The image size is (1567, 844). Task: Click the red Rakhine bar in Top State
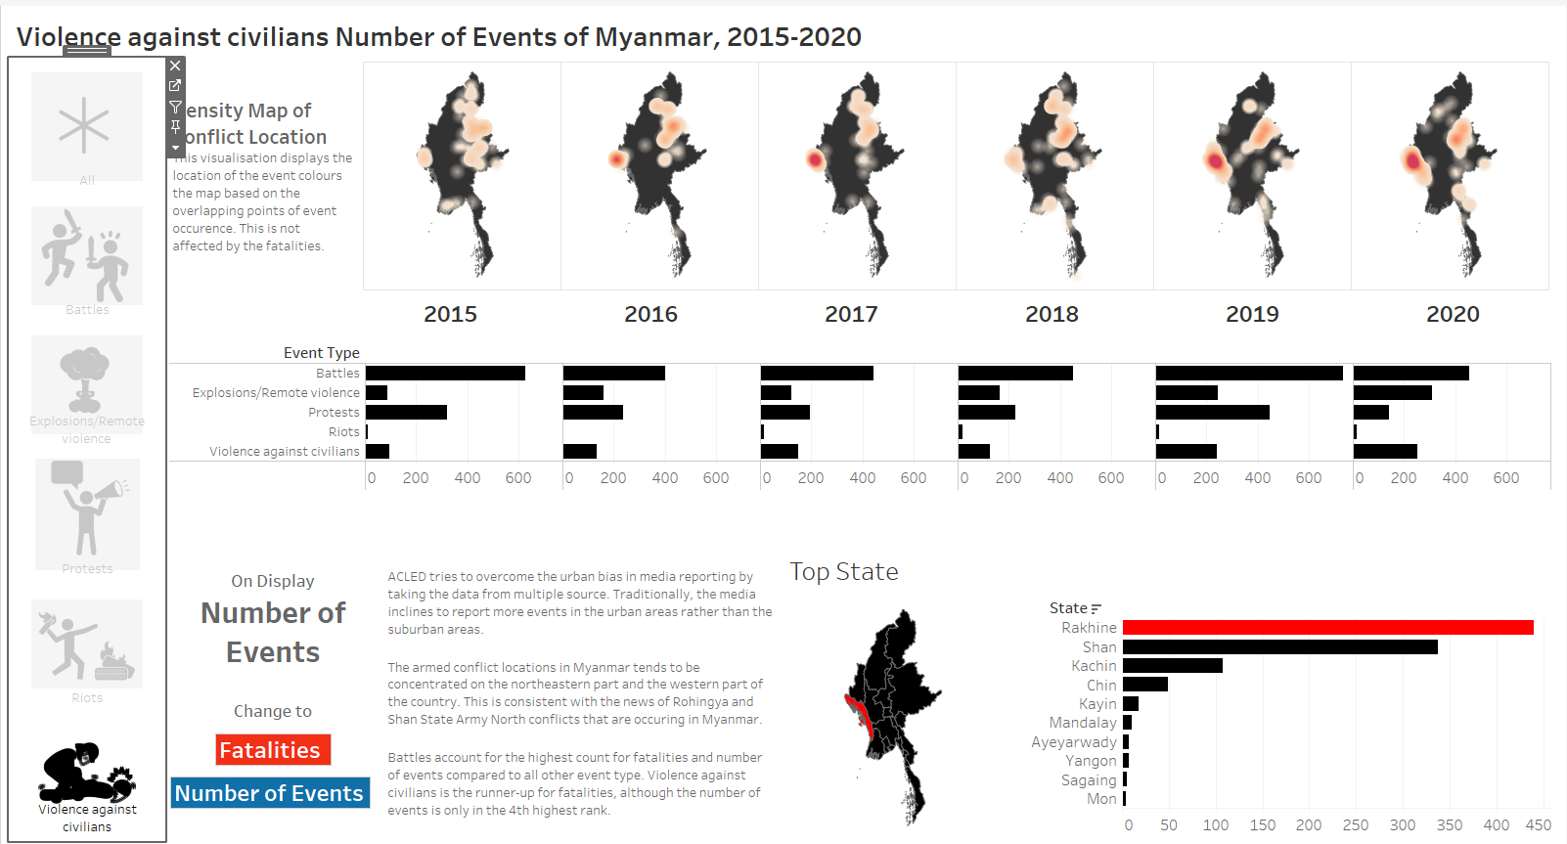tap(1327, 628)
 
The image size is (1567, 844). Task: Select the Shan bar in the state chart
tap(1279, 647)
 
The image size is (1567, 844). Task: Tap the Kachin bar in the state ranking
tap(1172, 666)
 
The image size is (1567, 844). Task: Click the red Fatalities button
tap(273, 750)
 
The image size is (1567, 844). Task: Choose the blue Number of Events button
tap(270, 793)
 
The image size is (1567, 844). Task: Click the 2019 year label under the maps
tap(1252, 314)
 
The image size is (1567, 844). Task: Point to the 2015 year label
tap(450, 314)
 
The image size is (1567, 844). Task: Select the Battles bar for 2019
tap(1248, 374)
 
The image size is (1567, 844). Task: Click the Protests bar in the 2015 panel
tap(406, 413)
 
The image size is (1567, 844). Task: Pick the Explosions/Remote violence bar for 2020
tap(1392, 393)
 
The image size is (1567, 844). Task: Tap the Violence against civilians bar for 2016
tap(579, 452)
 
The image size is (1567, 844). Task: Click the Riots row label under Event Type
tap(343, 432)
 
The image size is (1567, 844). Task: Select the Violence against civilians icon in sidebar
tap(87, 773)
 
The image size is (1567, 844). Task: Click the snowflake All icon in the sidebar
tap(86, 126)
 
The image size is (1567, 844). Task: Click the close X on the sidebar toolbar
tap(175, 66)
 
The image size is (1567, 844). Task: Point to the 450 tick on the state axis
tap(1539, 825)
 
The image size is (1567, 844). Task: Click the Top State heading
tap(843, 572)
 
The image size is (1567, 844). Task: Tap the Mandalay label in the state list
tap(1082, 723)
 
